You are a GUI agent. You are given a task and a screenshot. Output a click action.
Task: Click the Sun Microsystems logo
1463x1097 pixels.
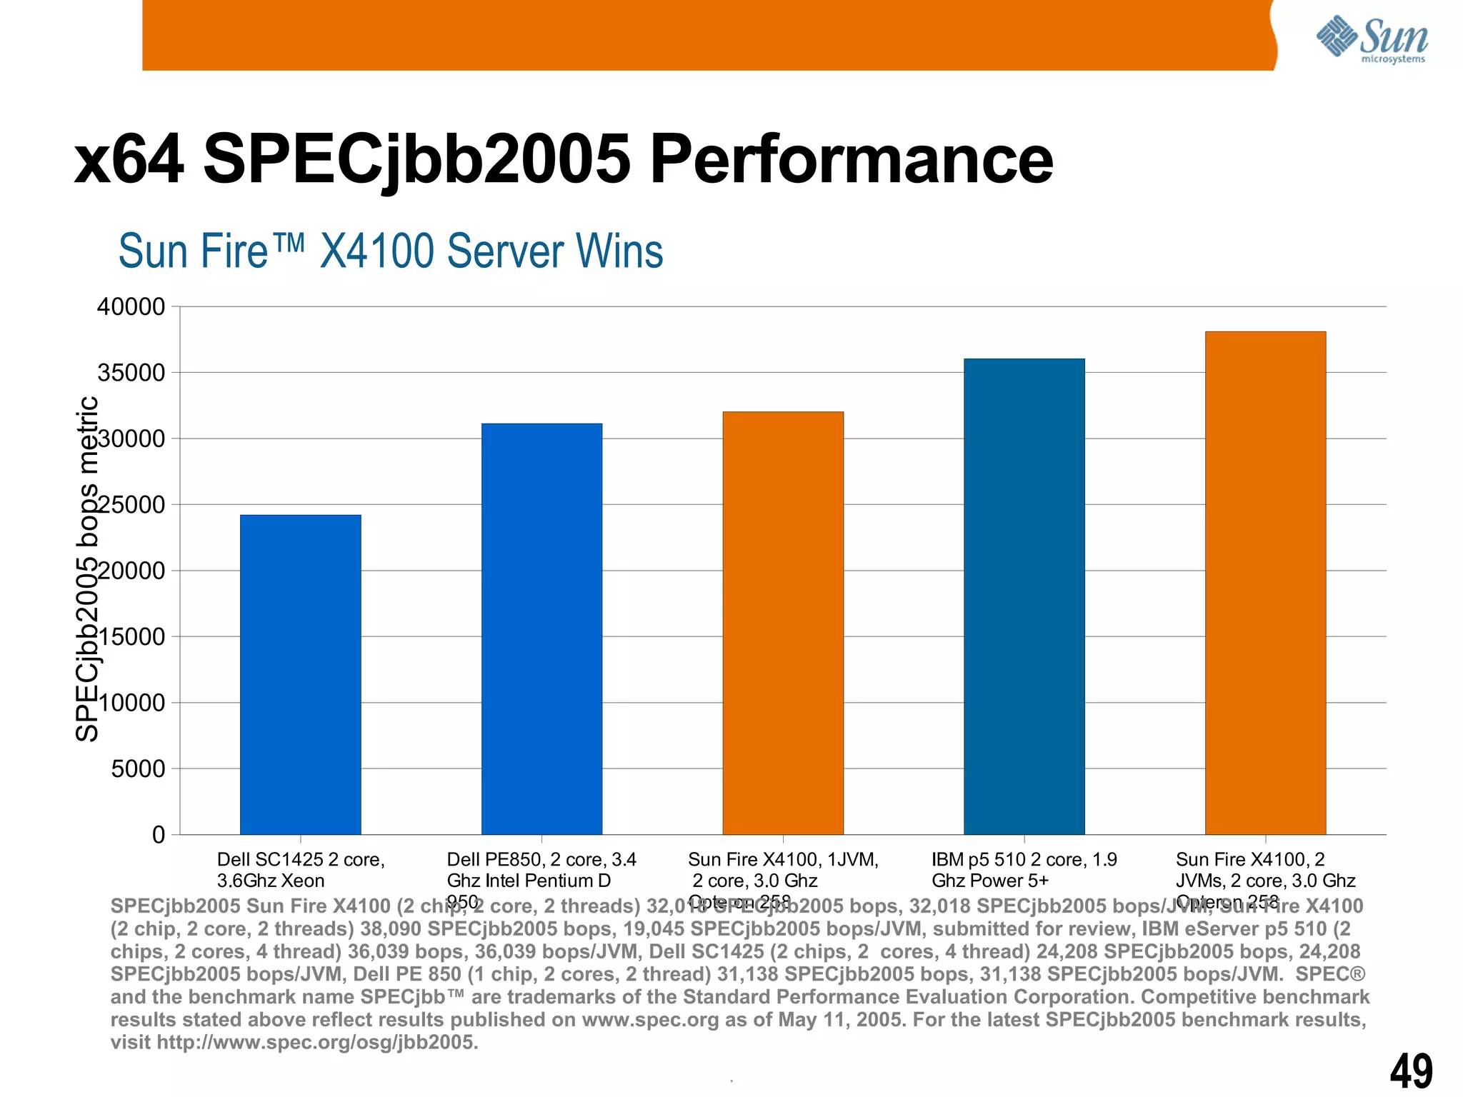[1372, 39]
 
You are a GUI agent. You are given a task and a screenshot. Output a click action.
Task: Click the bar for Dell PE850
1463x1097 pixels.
[541, 628]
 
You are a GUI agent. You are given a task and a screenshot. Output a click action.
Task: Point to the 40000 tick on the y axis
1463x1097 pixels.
[131, 307]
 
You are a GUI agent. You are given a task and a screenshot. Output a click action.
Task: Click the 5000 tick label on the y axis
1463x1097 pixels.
[138, 769]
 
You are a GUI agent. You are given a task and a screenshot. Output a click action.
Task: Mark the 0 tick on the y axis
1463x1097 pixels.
[158, 835]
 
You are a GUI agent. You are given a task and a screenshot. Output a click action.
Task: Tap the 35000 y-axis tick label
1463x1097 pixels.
[131, 373]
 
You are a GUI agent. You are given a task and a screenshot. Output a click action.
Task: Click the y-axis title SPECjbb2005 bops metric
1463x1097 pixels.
[87, 569]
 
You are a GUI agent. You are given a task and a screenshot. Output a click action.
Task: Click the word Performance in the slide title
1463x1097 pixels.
[850, 160]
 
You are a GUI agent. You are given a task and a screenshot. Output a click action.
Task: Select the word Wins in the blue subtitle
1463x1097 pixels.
[619, 251]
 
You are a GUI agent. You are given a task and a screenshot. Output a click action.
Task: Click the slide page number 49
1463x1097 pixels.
[1411, 1071]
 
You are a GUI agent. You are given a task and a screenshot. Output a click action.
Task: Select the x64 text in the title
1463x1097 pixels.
[129, 160]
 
